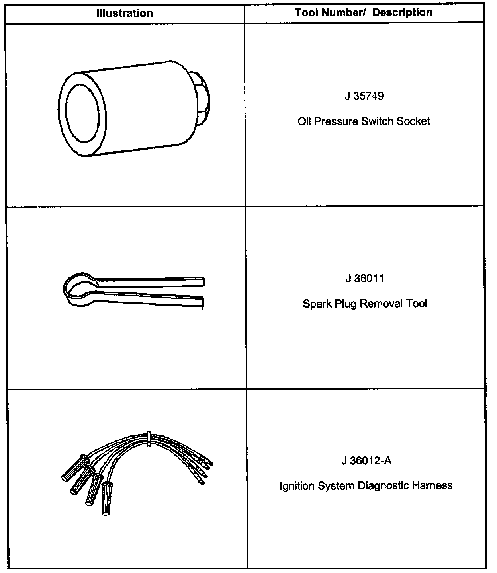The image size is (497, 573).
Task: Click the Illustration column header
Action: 125,13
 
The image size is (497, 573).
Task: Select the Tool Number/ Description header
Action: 364,12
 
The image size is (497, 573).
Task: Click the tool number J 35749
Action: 364,96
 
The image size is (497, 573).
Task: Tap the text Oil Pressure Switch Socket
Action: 364,121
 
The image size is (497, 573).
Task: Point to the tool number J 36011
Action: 365,278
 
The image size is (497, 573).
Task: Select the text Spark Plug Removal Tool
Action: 365,304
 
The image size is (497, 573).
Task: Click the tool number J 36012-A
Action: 366,460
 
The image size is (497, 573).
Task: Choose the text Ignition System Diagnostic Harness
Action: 366,486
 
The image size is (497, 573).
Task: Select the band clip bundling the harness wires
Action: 148,438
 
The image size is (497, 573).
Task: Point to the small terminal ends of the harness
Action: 203,470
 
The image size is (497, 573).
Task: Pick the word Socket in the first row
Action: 415,121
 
